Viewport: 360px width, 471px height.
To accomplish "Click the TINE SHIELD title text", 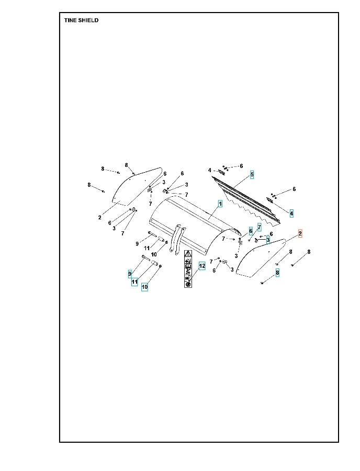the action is pyautogui.click(x=82, y=20).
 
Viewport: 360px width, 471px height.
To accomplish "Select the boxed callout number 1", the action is pyautogui.click(x=220, y=204).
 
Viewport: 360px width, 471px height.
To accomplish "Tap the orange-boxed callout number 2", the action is pyautogui.click(x=300, y=233).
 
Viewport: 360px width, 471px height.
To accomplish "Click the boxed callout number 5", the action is pyautogui.click(x=252, y=174).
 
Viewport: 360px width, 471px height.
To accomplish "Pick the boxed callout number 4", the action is pyautogui.click(x=291, y=214).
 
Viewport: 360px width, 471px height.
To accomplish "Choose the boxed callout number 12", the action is pyautogui.click(x=202, y=266).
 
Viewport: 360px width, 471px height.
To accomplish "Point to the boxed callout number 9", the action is pyautogui.click(x=130, y=274).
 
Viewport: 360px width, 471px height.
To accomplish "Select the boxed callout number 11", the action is pyautogui.click(x=134, y=282).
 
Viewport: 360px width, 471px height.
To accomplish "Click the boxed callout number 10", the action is pyautogui.click(x=145, y=287).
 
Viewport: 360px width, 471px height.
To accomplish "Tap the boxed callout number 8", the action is pyautogui.click(x=277, y=273).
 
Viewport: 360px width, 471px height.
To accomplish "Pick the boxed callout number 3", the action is pyautogui.click(x=268, y=240).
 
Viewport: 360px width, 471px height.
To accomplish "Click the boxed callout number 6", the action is pyautogui.click(x=251, y=231).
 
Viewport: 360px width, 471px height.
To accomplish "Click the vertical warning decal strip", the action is pyautogui.click(x=188, y=268).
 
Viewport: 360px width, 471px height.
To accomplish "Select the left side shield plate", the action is pyautogui.click(x=137, y=186).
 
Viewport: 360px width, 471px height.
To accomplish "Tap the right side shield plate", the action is pyautogui.click(x=261, y=258).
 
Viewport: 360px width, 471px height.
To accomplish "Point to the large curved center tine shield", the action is pyautogui.click(x=195, y=225).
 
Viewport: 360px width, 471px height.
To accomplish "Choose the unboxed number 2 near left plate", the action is pyautogui.click(x=100, y=218).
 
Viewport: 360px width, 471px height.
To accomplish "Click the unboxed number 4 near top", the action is pyautogui.click(x=210, y=171).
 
